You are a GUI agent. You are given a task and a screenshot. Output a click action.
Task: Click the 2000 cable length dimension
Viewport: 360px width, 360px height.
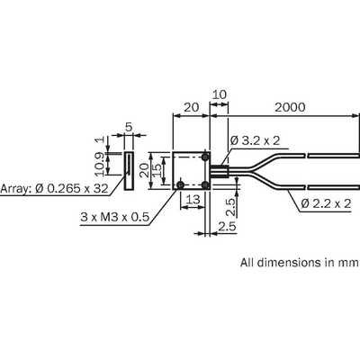point(290,107)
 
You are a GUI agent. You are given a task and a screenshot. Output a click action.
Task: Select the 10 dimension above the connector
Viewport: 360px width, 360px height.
point(220,94)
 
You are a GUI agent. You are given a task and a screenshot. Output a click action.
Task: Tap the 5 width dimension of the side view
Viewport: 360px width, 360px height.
point(129,127)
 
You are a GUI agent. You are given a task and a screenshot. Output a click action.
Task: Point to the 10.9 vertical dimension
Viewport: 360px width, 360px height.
point(100,164)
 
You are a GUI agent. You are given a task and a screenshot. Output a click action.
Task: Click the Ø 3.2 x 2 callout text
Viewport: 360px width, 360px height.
point(256,140)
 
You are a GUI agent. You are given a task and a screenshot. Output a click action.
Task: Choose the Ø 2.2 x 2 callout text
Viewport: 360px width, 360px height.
point(326,203)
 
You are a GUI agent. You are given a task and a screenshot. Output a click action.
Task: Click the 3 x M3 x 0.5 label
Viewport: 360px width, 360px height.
point(114,217)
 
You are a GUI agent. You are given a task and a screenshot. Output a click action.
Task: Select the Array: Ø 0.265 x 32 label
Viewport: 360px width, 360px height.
point(54,188)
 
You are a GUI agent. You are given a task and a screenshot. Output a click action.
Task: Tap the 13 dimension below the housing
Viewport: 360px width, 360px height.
point(193,199)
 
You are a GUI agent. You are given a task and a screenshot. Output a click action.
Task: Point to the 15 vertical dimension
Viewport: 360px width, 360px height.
point(157,171)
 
